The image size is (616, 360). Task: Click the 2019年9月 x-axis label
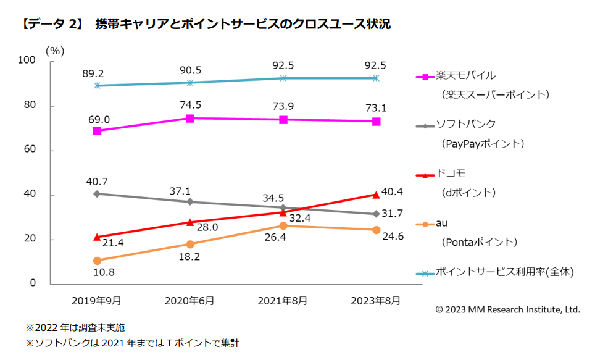click(96, 301)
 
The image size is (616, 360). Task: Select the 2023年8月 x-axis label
click(375, 301)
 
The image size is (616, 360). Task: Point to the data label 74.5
click(190, 105)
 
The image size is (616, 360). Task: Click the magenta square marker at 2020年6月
click(190, 118)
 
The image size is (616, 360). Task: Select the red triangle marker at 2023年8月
click(375, 195)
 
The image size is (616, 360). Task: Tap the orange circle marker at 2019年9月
click(97, 261)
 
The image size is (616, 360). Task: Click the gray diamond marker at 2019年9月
click(97, 194)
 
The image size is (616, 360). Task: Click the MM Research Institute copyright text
click(507, 309)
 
